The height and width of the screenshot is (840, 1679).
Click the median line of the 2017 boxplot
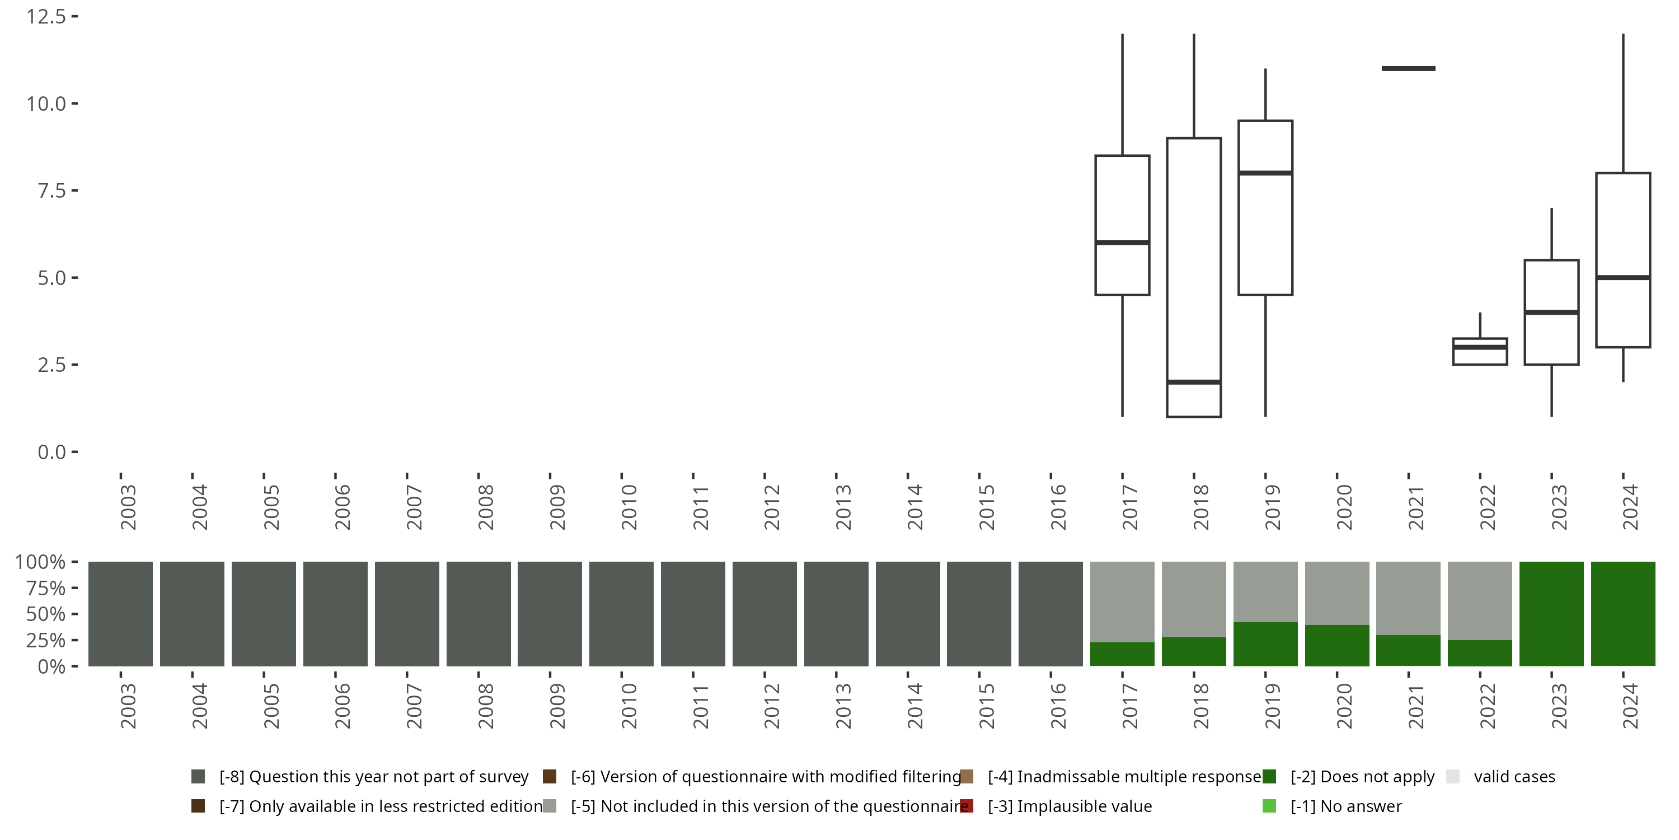click(1122, 242)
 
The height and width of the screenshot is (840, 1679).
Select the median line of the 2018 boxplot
click(1193, 382)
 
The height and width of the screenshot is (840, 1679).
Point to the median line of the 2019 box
click(1265, 173)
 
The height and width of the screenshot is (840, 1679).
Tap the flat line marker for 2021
click(1408, 68)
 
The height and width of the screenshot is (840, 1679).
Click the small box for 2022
click(1480, 352)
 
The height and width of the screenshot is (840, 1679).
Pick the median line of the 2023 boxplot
click(1551, 312)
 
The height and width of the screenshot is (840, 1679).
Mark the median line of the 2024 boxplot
click(1623, 278)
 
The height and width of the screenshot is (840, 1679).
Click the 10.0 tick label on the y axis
click(46, 104)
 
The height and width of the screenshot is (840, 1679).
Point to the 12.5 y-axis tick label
click(46, 16)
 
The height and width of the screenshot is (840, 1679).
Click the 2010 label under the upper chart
click(629, 507)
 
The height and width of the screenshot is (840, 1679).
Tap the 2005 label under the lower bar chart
click(271, 706)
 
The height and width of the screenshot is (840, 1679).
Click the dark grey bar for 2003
click(120, 614)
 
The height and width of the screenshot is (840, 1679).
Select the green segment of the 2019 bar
click(1265, 645)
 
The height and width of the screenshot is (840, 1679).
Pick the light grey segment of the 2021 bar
click(1408, 598)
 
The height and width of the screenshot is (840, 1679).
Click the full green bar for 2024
click(1623, 614)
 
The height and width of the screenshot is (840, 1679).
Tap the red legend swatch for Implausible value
click(967, 806)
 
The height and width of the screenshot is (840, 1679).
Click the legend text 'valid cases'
click(1514, 777)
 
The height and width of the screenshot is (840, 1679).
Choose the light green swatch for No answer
click(1269, 806)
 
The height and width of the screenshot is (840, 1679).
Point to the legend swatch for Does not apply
click(1269, 777)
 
